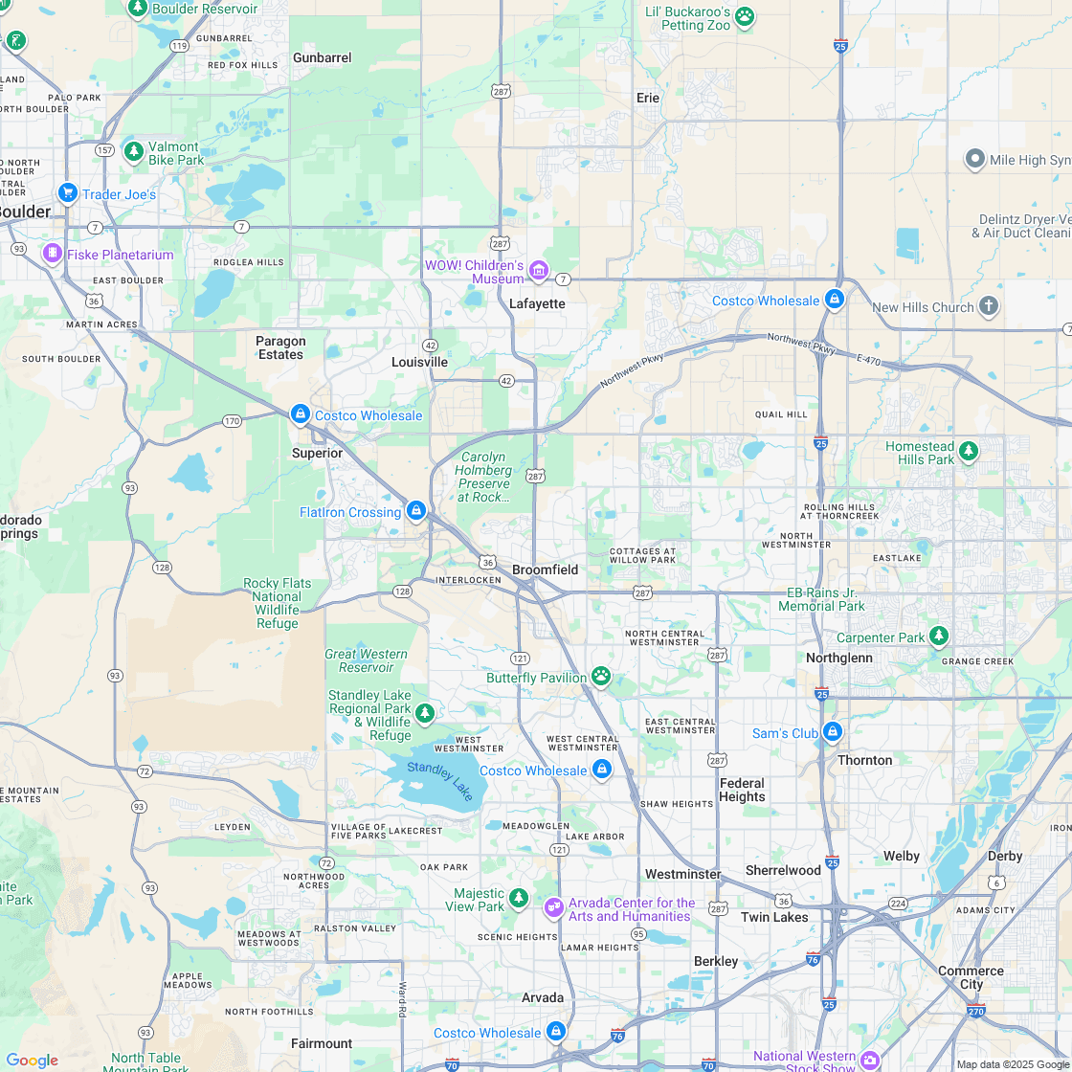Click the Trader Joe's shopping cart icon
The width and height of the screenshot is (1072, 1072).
(67, 193)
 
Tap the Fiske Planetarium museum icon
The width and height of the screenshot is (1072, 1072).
(52, 255)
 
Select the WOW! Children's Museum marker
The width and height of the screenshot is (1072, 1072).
(539, 272)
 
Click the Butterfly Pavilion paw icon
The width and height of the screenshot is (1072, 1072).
(601, 677)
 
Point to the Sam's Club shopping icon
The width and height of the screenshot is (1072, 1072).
(833, 732)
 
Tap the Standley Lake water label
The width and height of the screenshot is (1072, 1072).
(439, 780)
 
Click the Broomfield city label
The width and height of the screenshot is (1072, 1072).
(545, 569)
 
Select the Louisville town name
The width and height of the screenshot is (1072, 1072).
(419, 362)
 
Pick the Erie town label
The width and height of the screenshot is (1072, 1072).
(648, 98)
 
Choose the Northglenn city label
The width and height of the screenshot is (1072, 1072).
(839, 658)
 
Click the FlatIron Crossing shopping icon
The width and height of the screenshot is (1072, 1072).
(415, 511)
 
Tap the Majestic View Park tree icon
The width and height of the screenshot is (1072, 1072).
(519, 898)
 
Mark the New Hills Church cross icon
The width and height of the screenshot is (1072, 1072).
(989, 306)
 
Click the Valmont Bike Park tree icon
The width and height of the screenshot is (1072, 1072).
(134, 151)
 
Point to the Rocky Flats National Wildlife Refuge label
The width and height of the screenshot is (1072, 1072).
(277, 603)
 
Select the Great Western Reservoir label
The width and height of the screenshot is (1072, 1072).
(367, 660)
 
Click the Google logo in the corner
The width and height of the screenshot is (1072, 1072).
(32, 1061)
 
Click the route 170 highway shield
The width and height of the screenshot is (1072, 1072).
(232, 421)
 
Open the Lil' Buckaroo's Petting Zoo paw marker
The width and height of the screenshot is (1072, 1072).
(745, 16)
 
